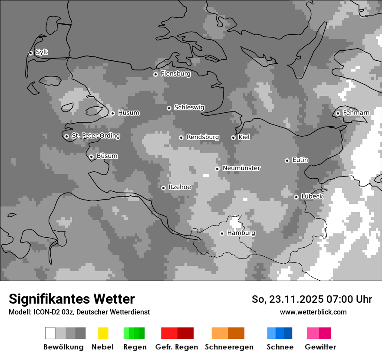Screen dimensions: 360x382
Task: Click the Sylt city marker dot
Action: pyautogui.click(x=30, y=53)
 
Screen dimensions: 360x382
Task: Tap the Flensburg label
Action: pyautogui.click(x=175, y=74)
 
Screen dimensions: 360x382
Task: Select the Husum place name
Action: pyautogui.click(x=128, y=113)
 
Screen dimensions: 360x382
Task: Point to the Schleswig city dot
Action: pyautogui.click(x=169, y=108)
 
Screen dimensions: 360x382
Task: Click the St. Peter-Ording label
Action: pyautogui.click(x=95, y=136)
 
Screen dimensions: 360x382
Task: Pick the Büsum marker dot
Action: pyautogui.click(x=91, y=157)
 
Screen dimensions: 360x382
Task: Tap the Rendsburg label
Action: pyautogui.click(x=202, y=137)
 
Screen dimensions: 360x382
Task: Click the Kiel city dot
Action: pyautogui.click(x=233, y=137)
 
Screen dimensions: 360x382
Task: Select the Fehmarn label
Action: pyautogui.click(x=356, y=113)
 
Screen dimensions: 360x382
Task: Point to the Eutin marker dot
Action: pyautogui.click(x=287, y=160)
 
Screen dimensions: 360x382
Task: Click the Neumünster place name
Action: pyautogui.click(x=241, y=168)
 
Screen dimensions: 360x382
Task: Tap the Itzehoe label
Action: pyautogui.click(x=179, y=187)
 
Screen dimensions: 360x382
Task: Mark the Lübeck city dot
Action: pyautogui.click(x=296, y=197)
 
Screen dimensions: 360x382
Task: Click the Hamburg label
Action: pyautogui.click(x=241, y=233)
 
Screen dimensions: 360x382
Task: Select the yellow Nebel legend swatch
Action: pyautogui.click(x=103, y=333)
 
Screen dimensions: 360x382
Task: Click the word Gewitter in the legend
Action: pyautogui.click(x=320, y=347)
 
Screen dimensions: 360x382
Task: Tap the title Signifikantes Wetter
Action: pyautogui.click(x=72, y=299)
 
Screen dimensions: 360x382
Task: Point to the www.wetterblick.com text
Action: pyautogui.click(x=313, y=312)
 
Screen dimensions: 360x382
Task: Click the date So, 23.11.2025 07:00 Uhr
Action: pyautogui.click(x=312, y=299)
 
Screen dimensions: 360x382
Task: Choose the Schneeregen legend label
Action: pyautogui.click(x=229, y=347)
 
